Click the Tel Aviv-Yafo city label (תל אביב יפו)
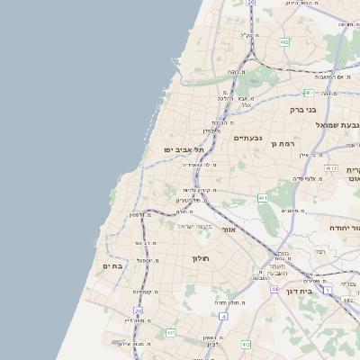184,149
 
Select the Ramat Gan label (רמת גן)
285,143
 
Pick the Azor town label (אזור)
229,229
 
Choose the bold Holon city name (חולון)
200,258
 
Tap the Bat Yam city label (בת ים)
112,266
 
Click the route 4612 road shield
331,168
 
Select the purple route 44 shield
274,289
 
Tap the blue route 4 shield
222,316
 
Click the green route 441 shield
170,332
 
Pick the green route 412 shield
247,344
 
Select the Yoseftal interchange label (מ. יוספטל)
148,260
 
